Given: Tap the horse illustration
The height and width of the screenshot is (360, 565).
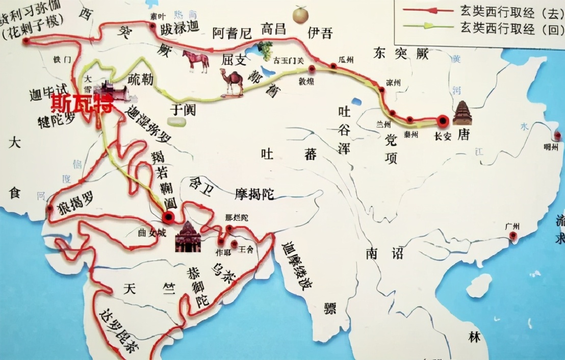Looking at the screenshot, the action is (195, 60).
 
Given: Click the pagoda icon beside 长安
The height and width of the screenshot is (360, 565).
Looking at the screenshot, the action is (463, 113).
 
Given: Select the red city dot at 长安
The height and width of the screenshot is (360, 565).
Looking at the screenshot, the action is (443, 121).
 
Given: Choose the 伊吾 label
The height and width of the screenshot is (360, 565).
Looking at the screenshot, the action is (320, 33).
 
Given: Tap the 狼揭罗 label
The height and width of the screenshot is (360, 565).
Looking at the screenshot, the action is (75, 200).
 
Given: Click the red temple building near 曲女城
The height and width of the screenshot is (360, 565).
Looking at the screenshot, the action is (188, 238).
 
